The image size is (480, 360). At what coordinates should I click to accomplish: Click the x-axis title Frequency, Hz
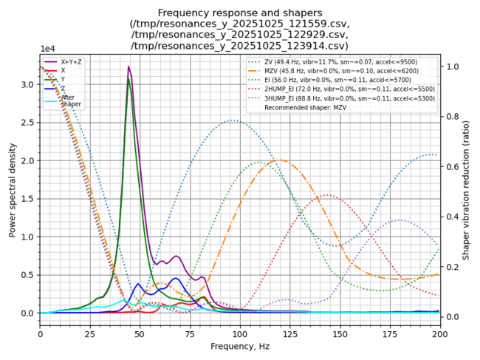point(239,346)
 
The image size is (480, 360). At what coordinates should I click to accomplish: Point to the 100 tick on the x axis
point(239,333)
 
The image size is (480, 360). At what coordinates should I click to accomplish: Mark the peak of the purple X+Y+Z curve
point(128,67)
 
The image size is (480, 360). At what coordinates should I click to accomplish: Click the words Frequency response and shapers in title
point(240,13)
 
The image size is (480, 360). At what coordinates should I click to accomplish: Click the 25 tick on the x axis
point(89,333)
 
